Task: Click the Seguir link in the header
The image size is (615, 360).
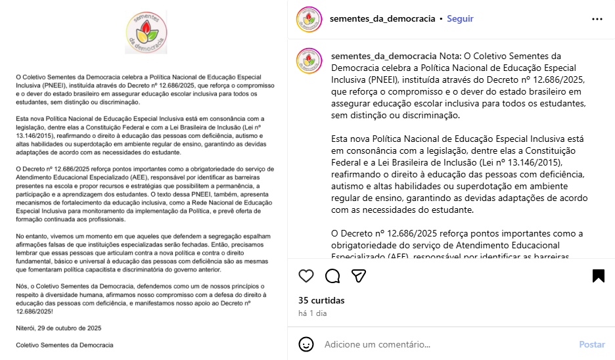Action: (460, 19)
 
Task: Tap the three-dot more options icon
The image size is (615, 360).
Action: (597, 19)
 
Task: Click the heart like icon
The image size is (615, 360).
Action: (306, 276)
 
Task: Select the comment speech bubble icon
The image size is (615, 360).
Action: (332, 276)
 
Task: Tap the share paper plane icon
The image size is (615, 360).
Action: (358, 276)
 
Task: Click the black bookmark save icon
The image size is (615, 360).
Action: (598, 276)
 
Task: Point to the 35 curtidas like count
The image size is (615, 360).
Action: (321, 300)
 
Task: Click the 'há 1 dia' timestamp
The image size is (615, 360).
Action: (312, 313)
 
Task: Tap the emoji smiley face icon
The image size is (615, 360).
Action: (306, 344)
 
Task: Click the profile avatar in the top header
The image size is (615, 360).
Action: (309, 19)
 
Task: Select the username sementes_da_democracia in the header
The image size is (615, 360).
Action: (383, 19)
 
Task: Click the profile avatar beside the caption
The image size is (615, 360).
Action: (309, 61)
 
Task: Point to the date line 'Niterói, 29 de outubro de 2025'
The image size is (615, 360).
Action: (58, 327)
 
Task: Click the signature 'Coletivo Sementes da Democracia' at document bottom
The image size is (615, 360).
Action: (64, 345)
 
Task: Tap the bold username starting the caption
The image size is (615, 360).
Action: (384, 56)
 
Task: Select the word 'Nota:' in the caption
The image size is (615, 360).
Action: (451, 56)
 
